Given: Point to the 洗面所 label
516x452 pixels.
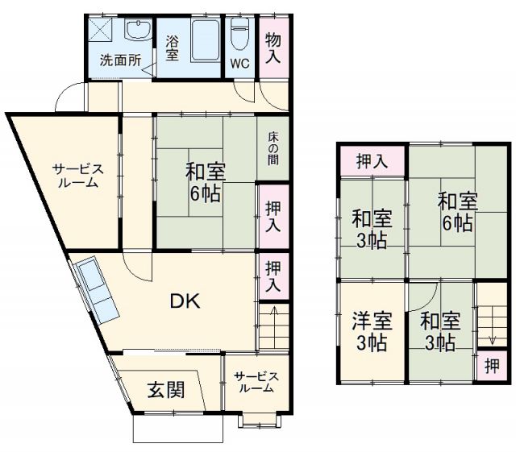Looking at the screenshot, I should coord(119,60).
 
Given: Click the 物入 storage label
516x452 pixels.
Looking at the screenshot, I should coord(273,48).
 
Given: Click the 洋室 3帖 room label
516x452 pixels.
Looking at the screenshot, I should coord(372,331).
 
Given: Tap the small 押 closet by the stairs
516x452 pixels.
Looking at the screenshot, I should coord(491,365).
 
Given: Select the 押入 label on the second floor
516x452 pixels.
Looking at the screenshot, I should coord(372,160).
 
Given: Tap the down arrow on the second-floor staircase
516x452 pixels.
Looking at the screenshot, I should coord(489,321).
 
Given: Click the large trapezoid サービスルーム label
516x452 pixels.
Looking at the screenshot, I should coord(77,175).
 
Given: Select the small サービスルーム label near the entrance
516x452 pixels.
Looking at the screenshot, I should coord(256,382).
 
